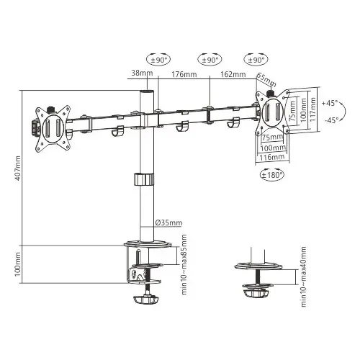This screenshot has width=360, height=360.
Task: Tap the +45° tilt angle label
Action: point(331,102)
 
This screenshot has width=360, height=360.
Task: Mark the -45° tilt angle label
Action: point(331,120)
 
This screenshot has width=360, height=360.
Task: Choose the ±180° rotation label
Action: point(272,174)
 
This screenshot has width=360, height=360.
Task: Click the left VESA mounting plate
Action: point(53,127)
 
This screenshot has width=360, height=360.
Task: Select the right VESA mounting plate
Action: point(274,112)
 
